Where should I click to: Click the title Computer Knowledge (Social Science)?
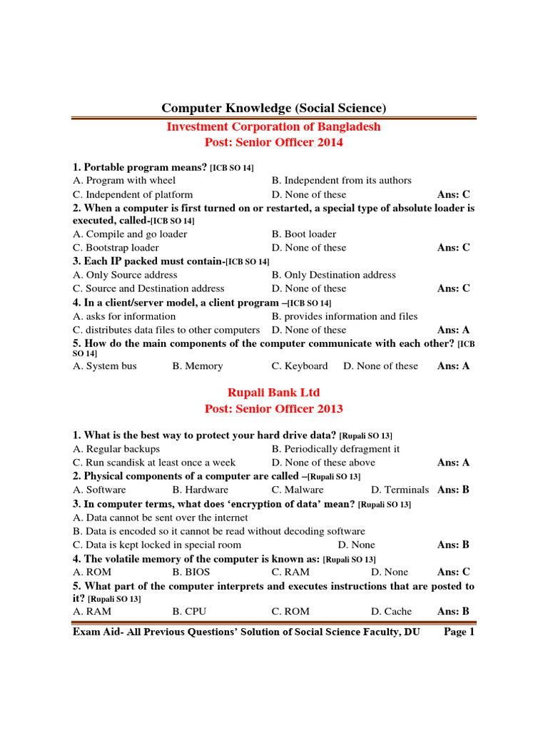pos(273,108)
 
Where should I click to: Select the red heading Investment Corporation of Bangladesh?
pos(273,126)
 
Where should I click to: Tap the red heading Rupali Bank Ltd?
pos(273,393)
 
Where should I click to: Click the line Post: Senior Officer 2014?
pos(273,142)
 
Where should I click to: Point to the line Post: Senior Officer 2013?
pos(273,409)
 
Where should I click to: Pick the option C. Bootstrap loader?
pos(116,248)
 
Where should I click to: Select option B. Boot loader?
pos(303,234)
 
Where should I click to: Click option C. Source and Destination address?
pos(148,288)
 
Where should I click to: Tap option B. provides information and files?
pos(345,316)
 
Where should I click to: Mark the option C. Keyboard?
pos(299,366)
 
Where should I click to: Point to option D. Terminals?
pos(400,490)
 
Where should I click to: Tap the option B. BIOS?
pos(193,572)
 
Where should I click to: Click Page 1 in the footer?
pos(459,632)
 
